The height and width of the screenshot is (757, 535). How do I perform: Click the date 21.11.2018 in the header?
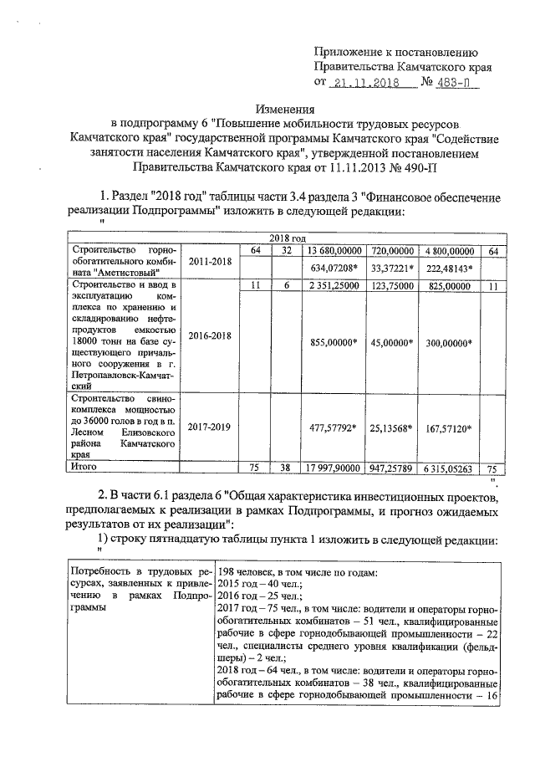click(x=364, y=84)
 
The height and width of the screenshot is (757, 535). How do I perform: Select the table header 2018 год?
click(x=284, y=238)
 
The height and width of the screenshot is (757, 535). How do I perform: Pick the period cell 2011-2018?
click(x=210, y=261)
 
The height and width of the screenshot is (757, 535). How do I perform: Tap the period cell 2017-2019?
click(x=210, y=426)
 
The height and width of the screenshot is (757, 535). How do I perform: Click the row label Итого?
click(x=85, y=468)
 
